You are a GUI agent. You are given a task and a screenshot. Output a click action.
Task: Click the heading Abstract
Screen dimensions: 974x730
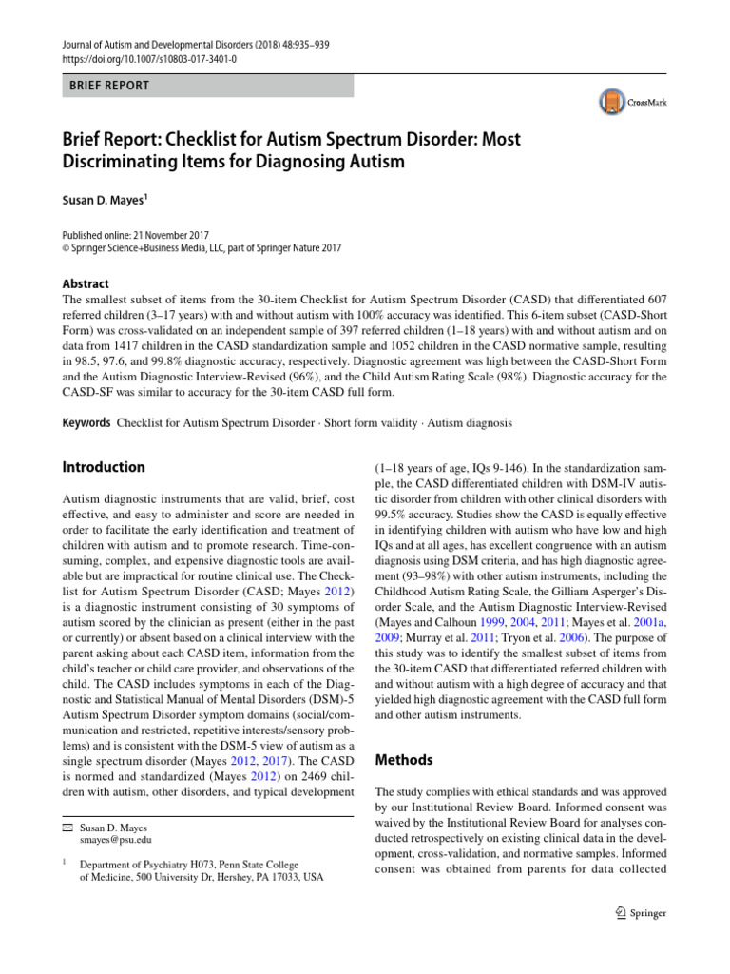(86, 283)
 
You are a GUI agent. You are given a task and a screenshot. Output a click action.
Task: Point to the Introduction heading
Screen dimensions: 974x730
(104, 467)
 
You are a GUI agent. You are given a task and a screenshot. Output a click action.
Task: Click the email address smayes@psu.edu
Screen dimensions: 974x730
(117, 840)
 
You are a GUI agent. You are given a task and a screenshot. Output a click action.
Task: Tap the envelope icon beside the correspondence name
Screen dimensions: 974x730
(67, 828)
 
